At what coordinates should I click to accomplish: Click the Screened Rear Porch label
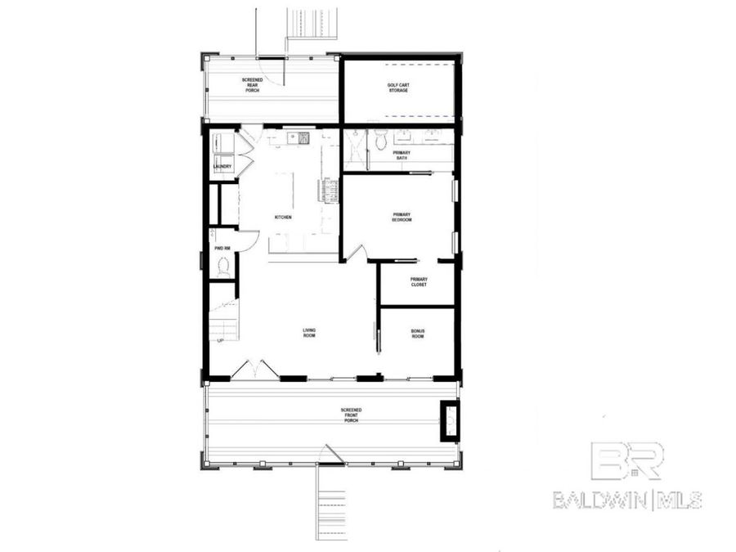point(252,85)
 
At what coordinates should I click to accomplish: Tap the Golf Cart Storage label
point(397,88)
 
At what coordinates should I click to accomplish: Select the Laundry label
point(222,167)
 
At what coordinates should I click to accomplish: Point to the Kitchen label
point(283,217)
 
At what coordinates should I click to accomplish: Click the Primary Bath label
point(402,155)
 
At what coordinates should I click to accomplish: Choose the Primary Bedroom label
point(402,218)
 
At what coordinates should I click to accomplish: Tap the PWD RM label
point(222,248)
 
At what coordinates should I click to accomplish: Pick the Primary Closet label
point(419,281)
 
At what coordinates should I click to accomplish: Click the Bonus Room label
point(418,334)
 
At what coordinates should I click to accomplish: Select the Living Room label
point(309,333)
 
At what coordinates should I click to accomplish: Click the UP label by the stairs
point(220,341)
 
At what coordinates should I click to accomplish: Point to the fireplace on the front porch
point(449,420)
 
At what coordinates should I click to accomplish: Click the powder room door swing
point(249,238)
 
